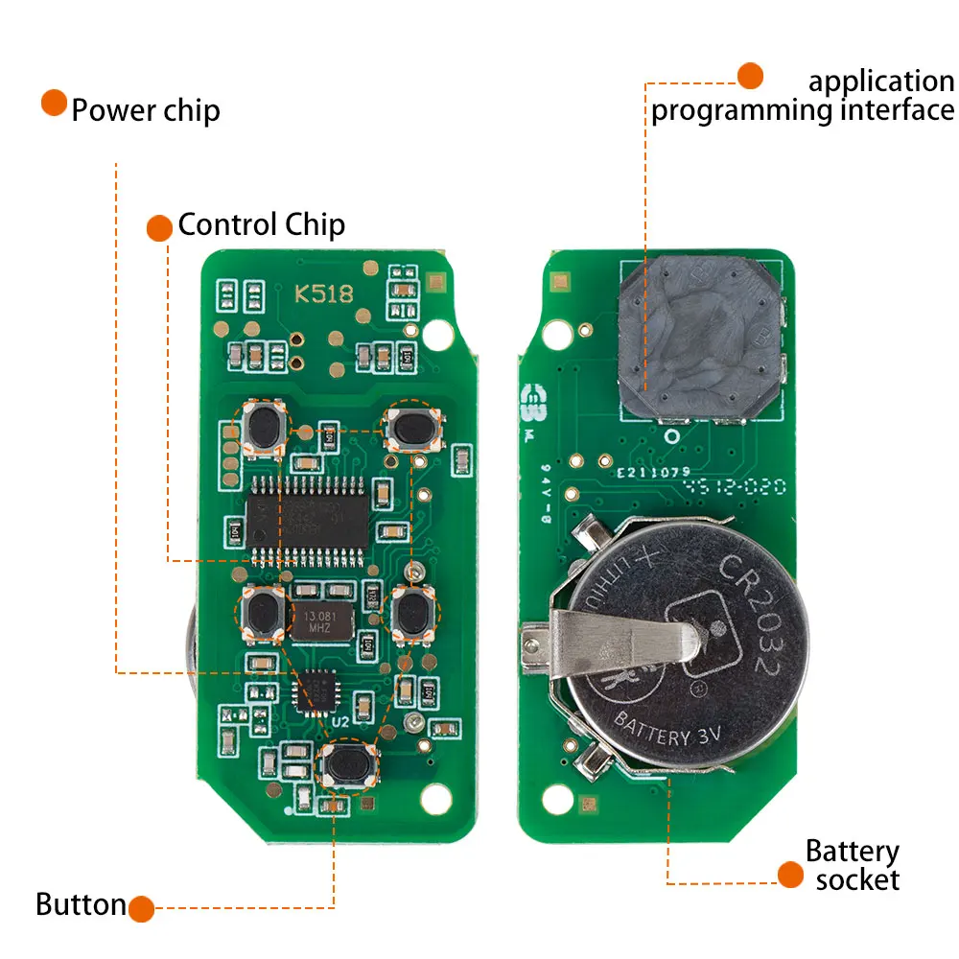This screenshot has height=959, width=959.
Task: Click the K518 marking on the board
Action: (x=324, y=294)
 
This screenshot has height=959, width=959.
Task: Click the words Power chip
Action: (x=146, y=110)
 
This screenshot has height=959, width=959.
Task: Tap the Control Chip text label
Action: (x=261, y=225)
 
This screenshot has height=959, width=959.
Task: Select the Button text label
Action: (x=81, y=904)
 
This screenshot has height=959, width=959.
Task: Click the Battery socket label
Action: (x=853, y=865)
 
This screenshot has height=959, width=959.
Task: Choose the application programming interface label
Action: (x=803, y=96)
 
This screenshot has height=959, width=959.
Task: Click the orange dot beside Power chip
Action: (x=54, y=104)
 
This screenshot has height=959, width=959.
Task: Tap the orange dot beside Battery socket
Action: (x=790, y=874)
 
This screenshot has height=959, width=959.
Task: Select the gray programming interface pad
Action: (x=701, y=340)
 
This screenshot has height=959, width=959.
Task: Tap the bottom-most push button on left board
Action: (x=347, y=763)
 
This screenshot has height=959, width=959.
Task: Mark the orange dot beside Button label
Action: (x=141, y=908)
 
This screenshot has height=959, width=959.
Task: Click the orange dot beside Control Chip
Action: (x=160, y=227)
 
